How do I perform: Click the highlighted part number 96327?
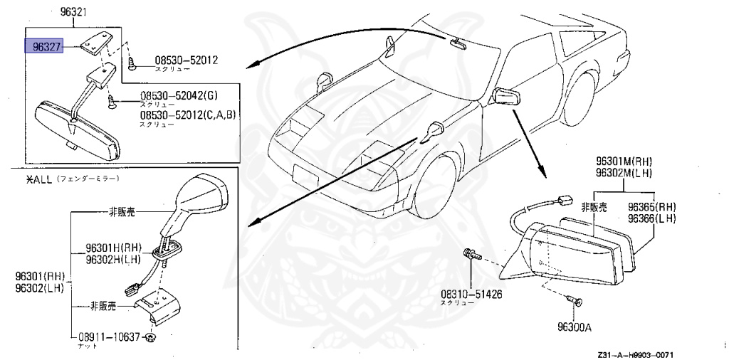[x=44, y=47]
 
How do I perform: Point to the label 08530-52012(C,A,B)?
[x=187, y=115]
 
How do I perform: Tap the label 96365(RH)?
[x=651, y=207]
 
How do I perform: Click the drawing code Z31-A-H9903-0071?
[x=635, y=354]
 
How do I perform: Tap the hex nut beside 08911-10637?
[x=151, y=336]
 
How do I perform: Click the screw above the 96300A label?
[x=577, y=302]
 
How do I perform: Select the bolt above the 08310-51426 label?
[x=471, y=253]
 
